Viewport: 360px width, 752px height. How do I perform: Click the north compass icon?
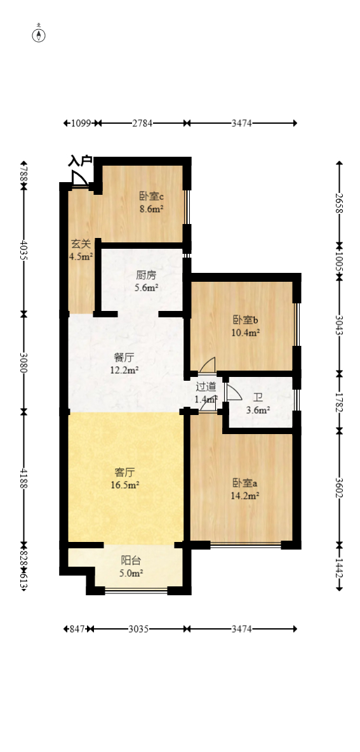tap(39, 35)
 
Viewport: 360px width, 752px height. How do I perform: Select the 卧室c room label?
tap(152, 196)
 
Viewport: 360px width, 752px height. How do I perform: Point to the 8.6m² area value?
tap(152, 208)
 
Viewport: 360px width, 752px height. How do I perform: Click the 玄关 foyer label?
tap(81, 244)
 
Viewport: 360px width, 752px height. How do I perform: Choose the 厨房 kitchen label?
tap(146, 275)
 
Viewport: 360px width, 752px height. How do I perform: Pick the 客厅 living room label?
tap(125, 472)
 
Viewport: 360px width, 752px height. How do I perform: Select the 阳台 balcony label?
tap(131, 560)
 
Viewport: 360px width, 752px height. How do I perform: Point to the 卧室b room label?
tap(245, 320)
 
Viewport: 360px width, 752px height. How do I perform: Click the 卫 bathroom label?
tap(258, 398)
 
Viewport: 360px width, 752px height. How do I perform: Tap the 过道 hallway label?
tap(206, 386)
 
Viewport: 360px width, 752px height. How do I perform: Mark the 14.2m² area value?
tap(245, 496)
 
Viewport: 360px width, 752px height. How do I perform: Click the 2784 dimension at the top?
tap(142, 123)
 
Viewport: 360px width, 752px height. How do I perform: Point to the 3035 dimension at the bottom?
tap(138, 629)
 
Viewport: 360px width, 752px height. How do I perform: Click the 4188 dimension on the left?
tap(24, 478)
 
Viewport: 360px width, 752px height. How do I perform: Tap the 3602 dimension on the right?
tap(339, 487)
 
